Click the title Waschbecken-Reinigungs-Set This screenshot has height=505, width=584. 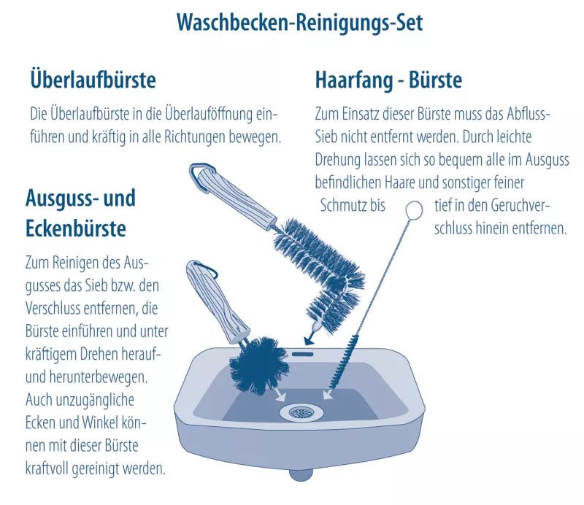[x=299, y=22]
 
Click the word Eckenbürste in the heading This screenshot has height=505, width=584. [x=76, y=228]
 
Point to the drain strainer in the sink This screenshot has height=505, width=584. [x=299, y=412]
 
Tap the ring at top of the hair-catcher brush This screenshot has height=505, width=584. [x=414, y=210]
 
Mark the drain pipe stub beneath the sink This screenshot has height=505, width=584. [x=300, y=474]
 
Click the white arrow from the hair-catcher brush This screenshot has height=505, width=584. [x=331, y=396]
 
